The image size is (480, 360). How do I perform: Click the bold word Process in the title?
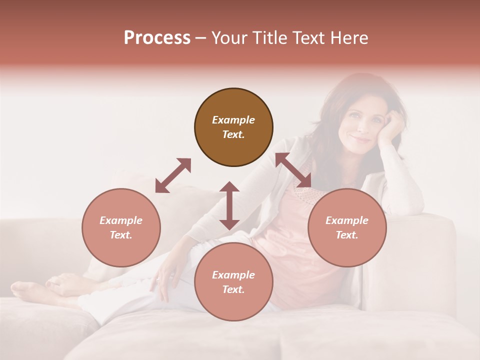click(x=157, y=38)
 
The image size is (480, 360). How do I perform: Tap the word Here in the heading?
click(x=349, y=38)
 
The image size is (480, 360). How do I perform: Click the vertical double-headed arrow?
click(x=229, y=205)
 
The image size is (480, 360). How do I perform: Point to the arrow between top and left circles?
click(x=173, y=175)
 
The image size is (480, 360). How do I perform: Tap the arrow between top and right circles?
click(x=293, y=170)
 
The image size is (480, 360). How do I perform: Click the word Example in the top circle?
click(x=233, y=120)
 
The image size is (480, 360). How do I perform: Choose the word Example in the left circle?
click(x=121, y=220)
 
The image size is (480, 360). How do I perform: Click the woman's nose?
click(x=356, y=125)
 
